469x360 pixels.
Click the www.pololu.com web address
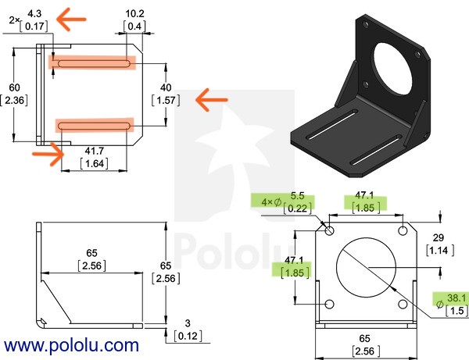[x=71, y=346]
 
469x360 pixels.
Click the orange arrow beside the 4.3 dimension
[x=71, y=20]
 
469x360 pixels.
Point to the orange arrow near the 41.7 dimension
[x=48, y=154]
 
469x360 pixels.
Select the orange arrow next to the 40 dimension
[x=212, y=100]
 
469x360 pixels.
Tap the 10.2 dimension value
[x=134, y=13]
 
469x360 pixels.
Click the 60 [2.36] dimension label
[x=14, y=94]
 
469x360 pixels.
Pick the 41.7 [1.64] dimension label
[x=95, y=157]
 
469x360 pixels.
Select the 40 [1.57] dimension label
[x=166, y=94]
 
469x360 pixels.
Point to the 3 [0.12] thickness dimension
[x=188, y=330]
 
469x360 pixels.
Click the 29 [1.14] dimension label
[x=439, y=244]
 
